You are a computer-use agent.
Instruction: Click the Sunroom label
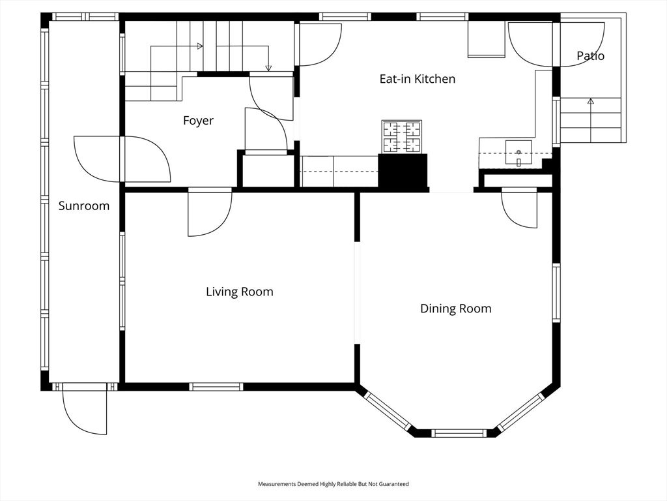84,206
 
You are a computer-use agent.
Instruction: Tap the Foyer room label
198,121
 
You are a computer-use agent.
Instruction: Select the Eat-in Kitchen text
417,79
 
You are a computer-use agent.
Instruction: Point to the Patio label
590,56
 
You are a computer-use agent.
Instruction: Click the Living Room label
240,292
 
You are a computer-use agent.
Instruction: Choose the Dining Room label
455,309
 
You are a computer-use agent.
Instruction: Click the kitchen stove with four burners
402,136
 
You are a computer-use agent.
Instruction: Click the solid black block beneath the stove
403,172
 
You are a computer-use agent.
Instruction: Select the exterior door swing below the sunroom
85,411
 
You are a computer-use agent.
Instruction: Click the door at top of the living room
209,212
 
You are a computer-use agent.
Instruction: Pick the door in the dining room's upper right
519,207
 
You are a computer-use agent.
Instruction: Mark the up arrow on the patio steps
591,101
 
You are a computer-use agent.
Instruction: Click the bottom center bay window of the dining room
459,433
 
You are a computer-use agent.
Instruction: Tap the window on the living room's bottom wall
216,387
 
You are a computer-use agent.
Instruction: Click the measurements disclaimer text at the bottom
333,484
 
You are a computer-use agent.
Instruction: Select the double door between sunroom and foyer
122,159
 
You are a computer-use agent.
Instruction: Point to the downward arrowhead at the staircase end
268,68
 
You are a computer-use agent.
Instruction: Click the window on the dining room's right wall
556,293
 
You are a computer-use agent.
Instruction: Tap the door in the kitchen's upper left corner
318,44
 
